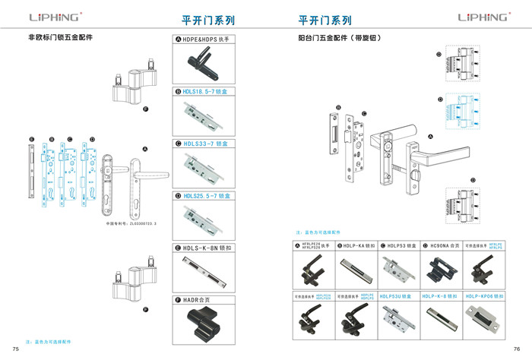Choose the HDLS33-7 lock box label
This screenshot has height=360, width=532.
[x=207, y=143]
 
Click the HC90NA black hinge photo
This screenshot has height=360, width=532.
[x=441, y=270]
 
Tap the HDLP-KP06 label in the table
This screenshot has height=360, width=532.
[x=483, y=296]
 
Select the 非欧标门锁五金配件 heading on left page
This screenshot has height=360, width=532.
[x=65, y=37]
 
